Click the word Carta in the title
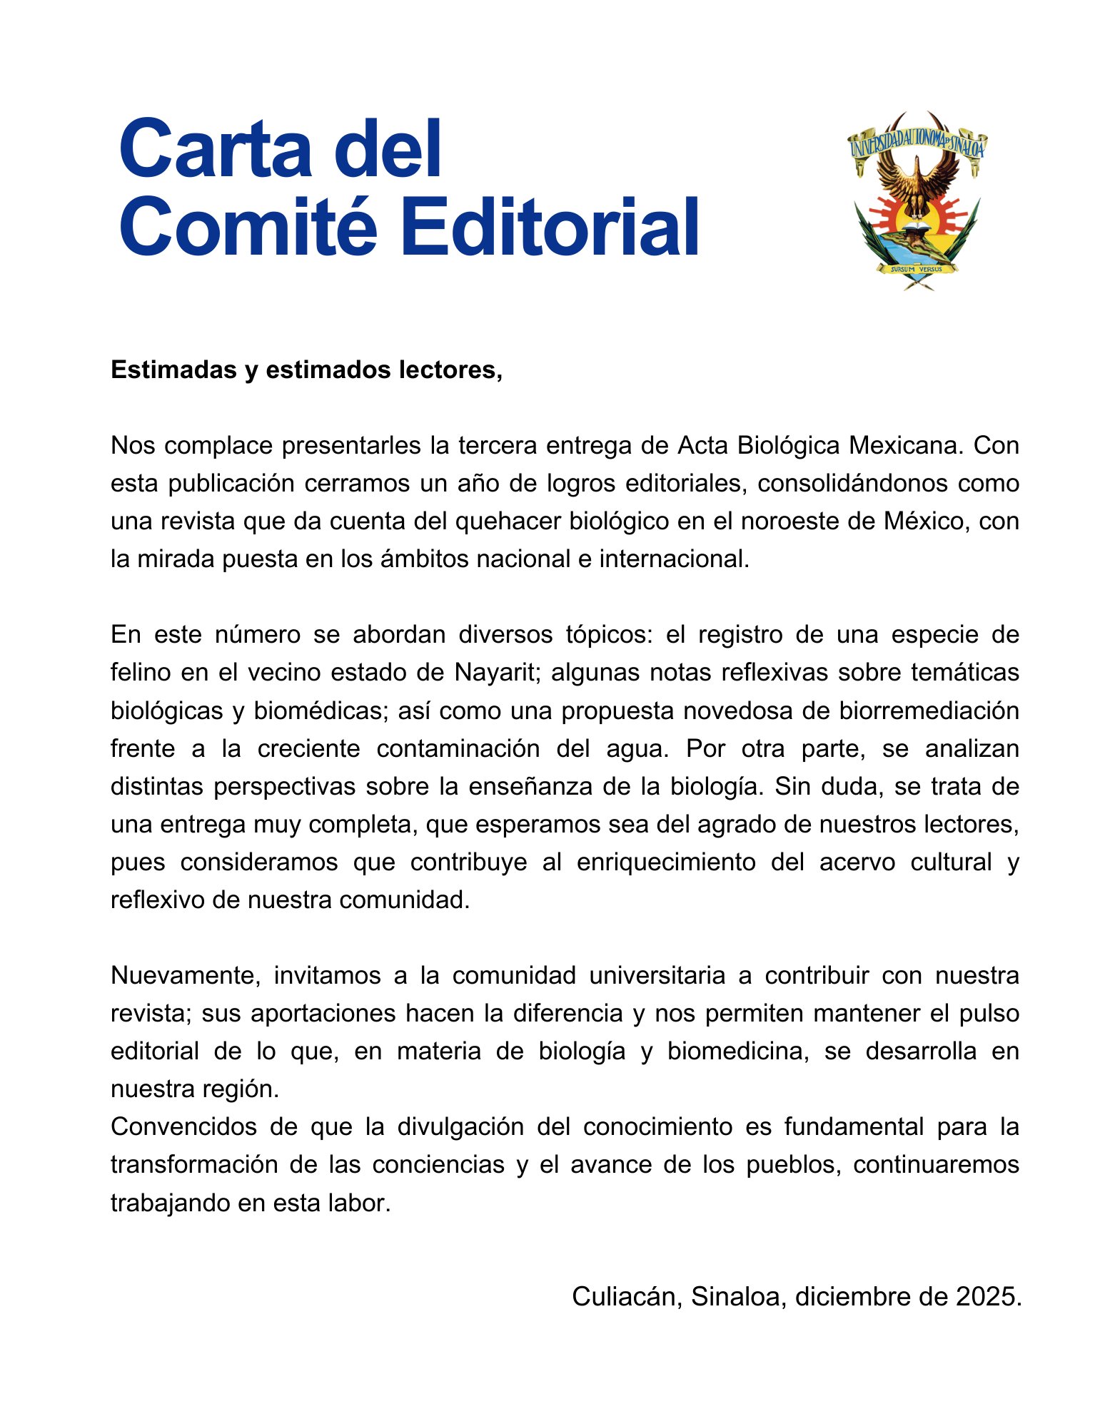coord(215,150)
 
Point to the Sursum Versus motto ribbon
coord(917,269)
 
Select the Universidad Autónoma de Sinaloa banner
coord(917,143)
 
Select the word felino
coord(142,673)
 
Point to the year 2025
coord(989,1296)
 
